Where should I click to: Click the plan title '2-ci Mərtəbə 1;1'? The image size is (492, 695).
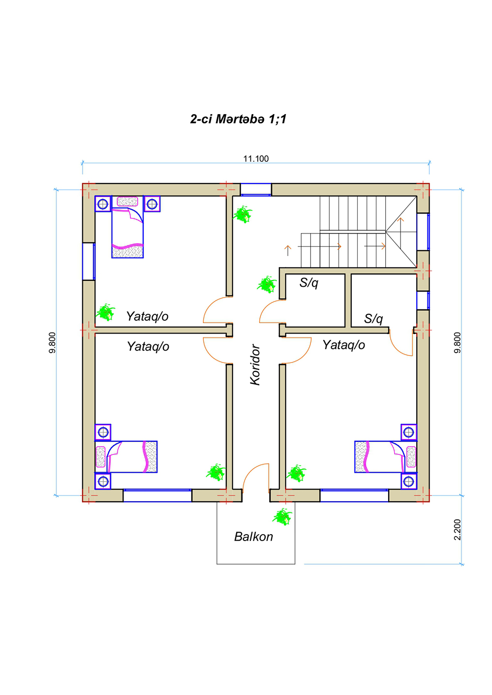coord(238,119)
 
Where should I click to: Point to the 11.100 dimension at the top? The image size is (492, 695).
coord(256,159)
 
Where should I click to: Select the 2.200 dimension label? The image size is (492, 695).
coord(457,530)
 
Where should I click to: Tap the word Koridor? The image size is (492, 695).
coord(255,364)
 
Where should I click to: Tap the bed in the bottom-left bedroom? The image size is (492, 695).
coord(126,457)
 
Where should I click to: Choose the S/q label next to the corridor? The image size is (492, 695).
coord(308,283)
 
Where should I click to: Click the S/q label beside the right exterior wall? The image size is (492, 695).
coord(373,319)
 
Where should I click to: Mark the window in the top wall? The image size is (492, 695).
coord(256,189)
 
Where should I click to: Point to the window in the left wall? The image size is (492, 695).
coord(89,262)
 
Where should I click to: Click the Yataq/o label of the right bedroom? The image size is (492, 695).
coord(343,345)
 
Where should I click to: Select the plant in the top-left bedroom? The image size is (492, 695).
coord(106,312)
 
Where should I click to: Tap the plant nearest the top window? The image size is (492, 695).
coord(243,214)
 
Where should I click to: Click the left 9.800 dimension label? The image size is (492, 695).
coord(52,342)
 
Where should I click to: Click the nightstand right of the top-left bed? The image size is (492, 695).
coord(152,204)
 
